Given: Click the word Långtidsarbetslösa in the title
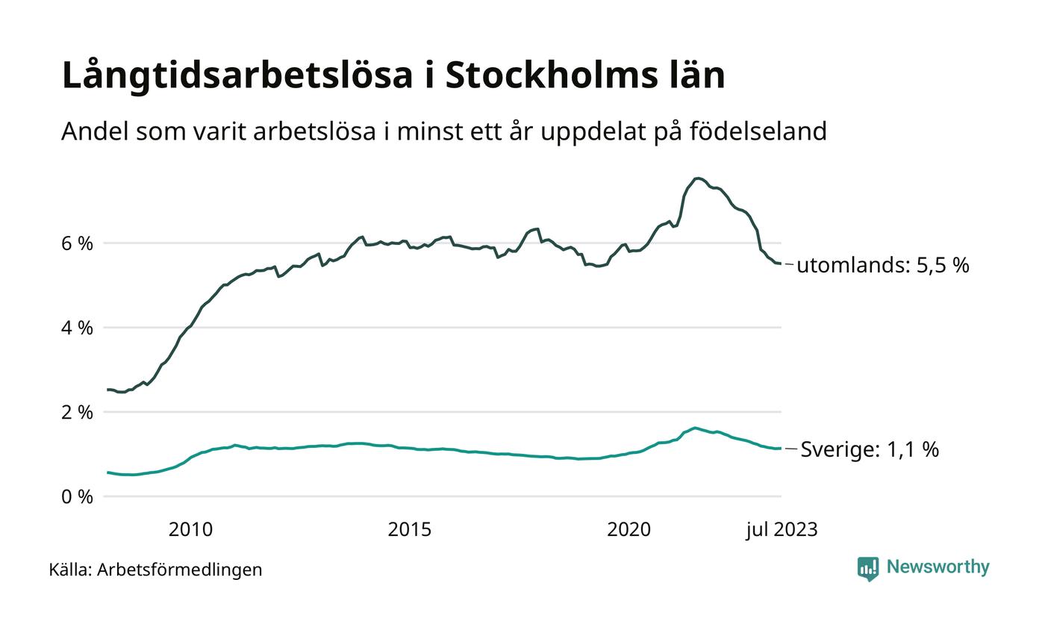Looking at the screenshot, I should tap(237, 75).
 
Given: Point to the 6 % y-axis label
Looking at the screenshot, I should tap(76, 243).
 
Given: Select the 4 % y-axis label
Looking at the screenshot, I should tap(76, 328).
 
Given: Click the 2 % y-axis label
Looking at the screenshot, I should tap(76, 412).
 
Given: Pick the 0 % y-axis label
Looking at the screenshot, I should tap(76, 496).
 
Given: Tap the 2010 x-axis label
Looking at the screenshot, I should tap(190, 530).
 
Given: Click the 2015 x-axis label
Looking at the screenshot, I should tap(410, 530).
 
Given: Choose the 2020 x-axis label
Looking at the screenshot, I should tap(629, 530).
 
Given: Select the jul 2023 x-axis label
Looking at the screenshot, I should tap(782, 530).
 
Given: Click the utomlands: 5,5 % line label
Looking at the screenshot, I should tap(883, 266).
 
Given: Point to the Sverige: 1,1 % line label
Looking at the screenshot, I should tap(870, 449).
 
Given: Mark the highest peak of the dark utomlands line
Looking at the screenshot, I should tap(697, 178).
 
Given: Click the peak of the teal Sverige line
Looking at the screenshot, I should tap(695, 428).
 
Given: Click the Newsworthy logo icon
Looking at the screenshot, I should tap(868, 569).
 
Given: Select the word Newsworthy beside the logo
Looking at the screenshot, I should tap(938, 567).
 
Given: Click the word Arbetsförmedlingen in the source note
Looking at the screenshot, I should tap(180, 570).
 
